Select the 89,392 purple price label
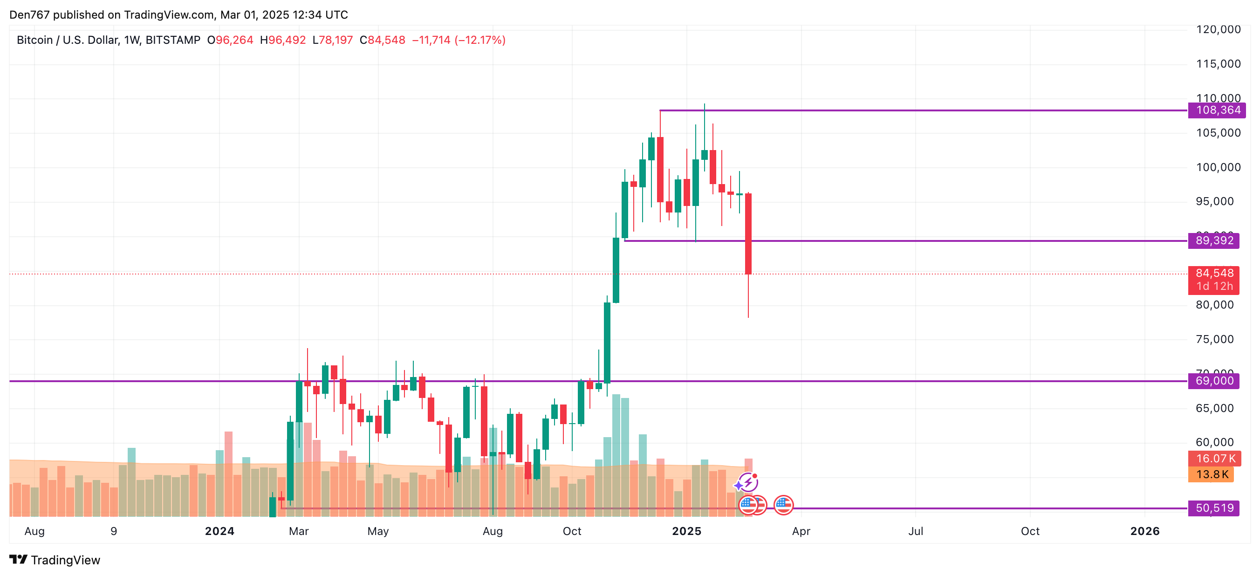1213,241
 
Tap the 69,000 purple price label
1213,381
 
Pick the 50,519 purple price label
1213,508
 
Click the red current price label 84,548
1213,274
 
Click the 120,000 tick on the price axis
1218,29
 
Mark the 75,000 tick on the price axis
1214,339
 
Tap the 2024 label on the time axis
219,531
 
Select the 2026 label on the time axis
1144,531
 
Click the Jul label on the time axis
916,531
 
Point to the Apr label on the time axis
801,531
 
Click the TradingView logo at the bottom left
55,560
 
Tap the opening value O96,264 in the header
230,40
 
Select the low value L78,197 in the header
333,40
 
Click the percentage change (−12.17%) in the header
480,40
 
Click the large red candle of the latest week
748,234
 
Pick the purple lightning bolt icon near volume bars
748,482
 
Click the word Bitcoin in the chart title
34,40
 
